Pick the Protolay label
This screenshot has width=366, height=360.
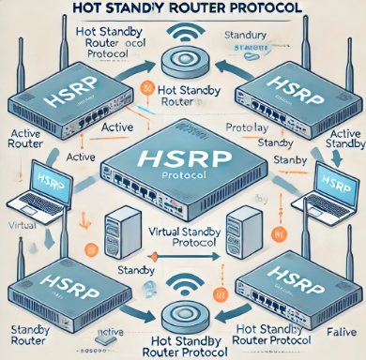coord(248,127)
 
